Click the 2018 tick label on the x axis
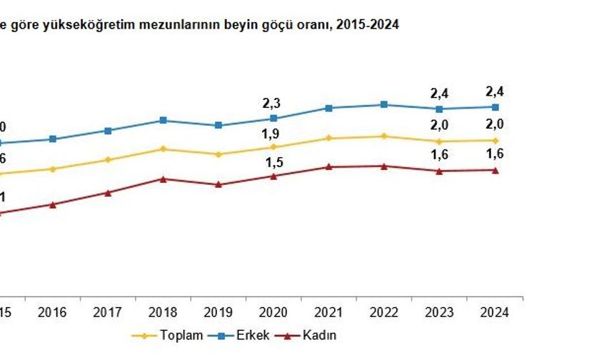pyautogui.click(x=163, y=312)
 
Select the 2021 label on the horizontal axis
pyautogui.click(x=328, y=312)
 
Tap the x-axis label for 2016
pyautogui.click(x=52, y=312)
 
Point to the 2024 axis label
pyautogui.click(x=494, y=312)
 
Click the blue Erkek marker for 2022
pyautogui.click(x=384, y=104)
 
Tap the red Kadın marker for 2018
pyautogui.click(x=163, y=179)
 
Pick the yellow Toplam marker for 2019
pyautogui.click(x=218, y=154)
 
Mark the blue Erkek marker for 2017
pyautogui.click(x=108, y=131)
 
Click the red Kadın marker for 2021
pyautogui.click(x=328, y=166)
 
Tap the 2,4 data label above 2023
pyautogui.click(x=439, y=93)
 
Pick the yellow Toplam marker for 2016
pyautogui.click(x=52, y=169)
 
